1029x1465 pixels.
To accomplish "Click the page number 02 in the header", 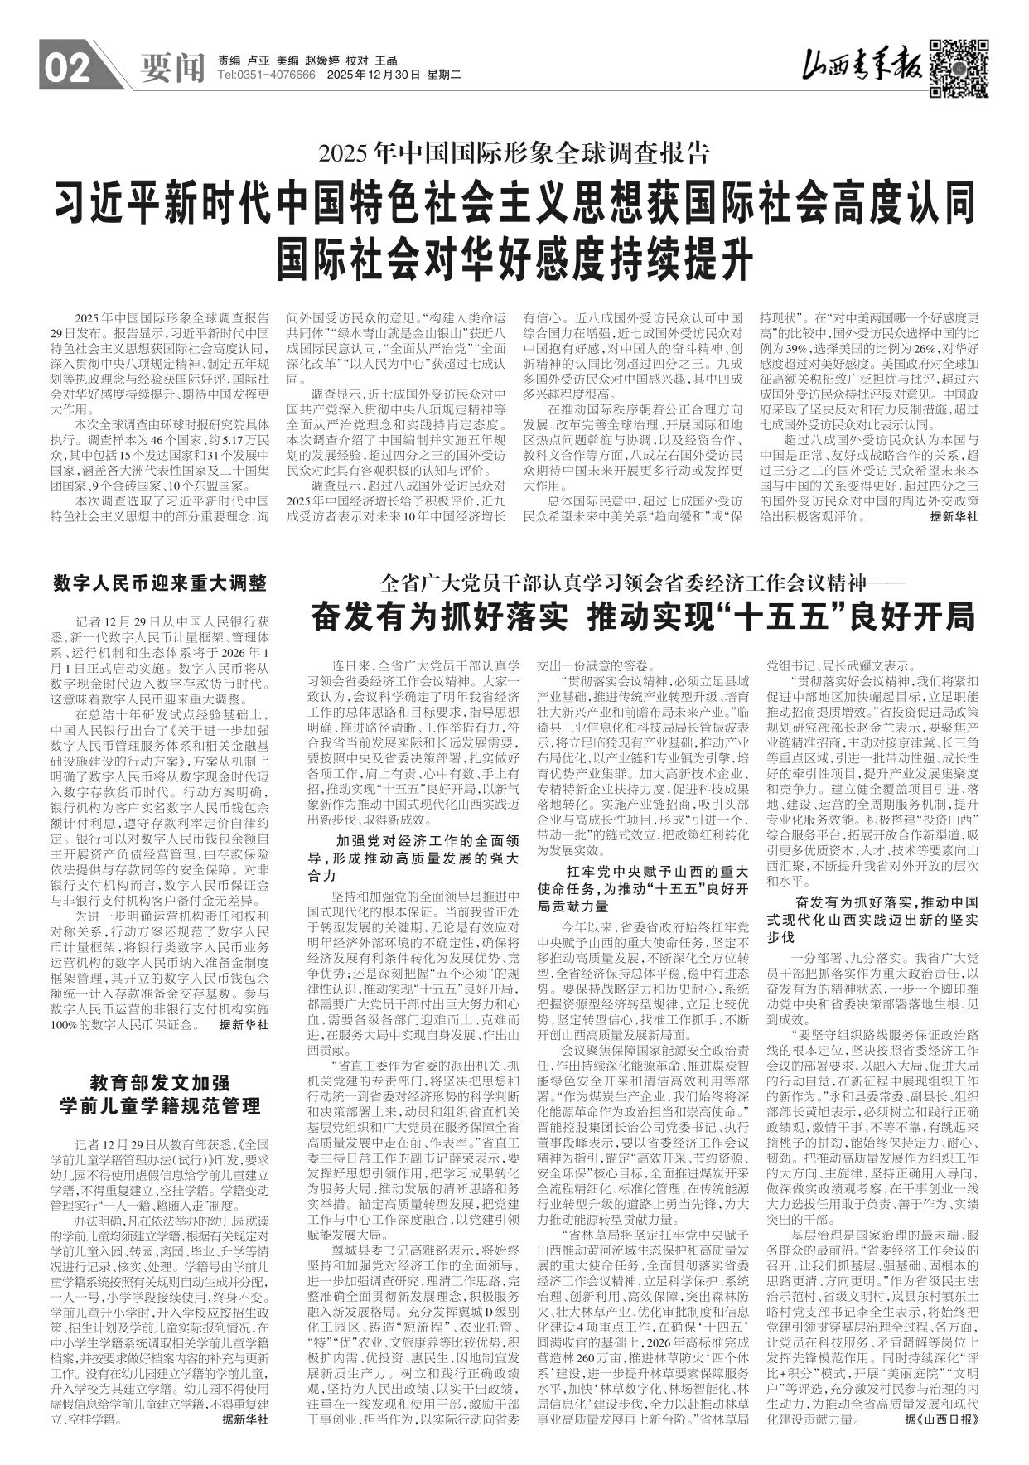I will [x=66, y=71].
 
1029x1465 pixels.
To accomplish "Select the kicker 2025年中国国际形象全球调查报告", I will [x=514, y=152].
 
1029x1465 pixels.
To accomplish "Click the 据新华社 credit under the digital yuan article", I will [x=244, y=1025].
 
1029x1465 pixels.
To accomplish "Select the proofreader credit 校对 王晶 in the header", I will [x=373, y=60].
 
